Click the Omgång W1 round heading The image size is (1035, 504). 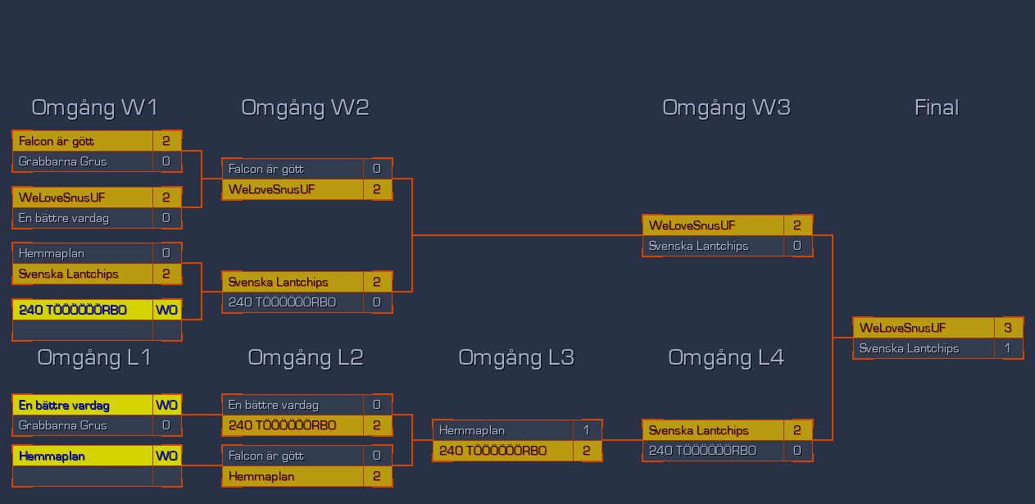pos(94,107)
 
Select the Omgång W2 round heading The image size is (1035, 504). pos(305,107)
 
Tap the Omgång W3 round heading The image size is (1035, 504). pos(726,107)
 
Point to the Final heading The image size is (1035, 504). pos(936,107)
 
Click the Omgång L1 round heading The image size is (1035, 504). pos(94,357)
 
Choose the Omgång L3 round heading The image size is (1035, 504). pos(515,357)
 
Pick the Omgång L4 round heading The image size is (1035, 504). pos(726,357)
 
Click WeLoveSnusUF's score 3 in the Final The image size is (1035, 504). pos(1008,328)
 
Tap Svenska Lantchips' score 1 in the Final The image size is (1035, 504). pos(1008,348)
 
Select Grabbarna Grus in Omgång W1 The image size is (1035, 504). pos(63,161)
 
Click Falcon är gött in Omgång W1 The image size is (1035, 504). pos(57,141)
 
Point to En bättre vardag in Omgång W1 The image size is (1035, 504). pos(64,218)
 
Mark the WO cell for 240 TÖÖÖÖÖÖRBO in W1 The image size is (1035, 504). pos(166,310)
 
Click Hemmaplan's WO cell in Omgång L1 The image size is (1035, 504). pos(166,456)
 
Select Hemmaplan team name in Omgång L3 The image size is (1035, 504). pos(472,430)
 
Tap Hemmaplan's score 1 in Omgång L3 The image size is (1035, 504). pos(587,430)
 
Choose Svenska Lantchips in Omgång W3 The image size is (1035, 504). pos(698,246)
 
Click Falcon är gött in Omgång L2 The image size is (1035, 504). pos(266,456)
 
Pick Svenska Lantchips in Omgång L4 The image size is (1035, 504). pos(698,430)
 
